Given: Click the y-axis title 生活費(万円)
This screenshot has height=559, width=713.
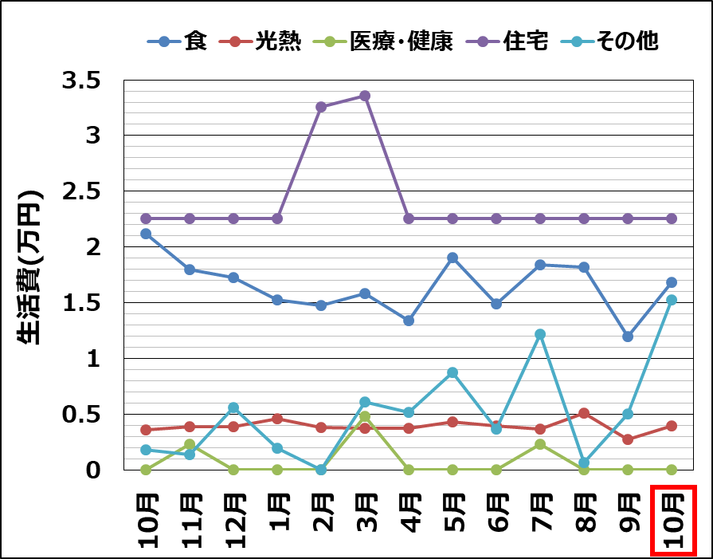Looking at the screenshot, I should tap(30, 268).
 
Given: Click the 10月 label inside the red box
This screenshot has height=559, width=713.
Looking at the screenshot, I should tap(672, 520).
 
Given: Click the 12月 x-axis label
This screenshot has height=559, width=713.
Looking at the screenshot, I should tap(233, 520).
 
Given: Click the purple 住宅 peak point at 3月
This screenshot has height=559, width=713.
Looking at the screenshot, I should tap(365, 96).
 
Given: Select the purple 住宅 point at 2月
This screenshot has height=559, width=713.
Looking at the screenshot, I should tap(321, 107).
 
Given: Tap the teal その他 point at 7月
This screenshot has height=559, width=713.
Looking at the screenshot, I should tap(540, 334).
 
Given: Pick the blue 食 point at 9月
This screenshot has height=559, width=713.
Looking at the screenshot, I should tap(628, 337).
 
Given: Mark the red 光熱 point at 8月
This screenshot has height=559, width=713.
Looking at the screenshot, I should tap(584, 413).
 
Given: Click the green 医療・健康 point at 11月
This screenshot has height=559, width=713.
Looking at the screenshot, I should tap(190, 444).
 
